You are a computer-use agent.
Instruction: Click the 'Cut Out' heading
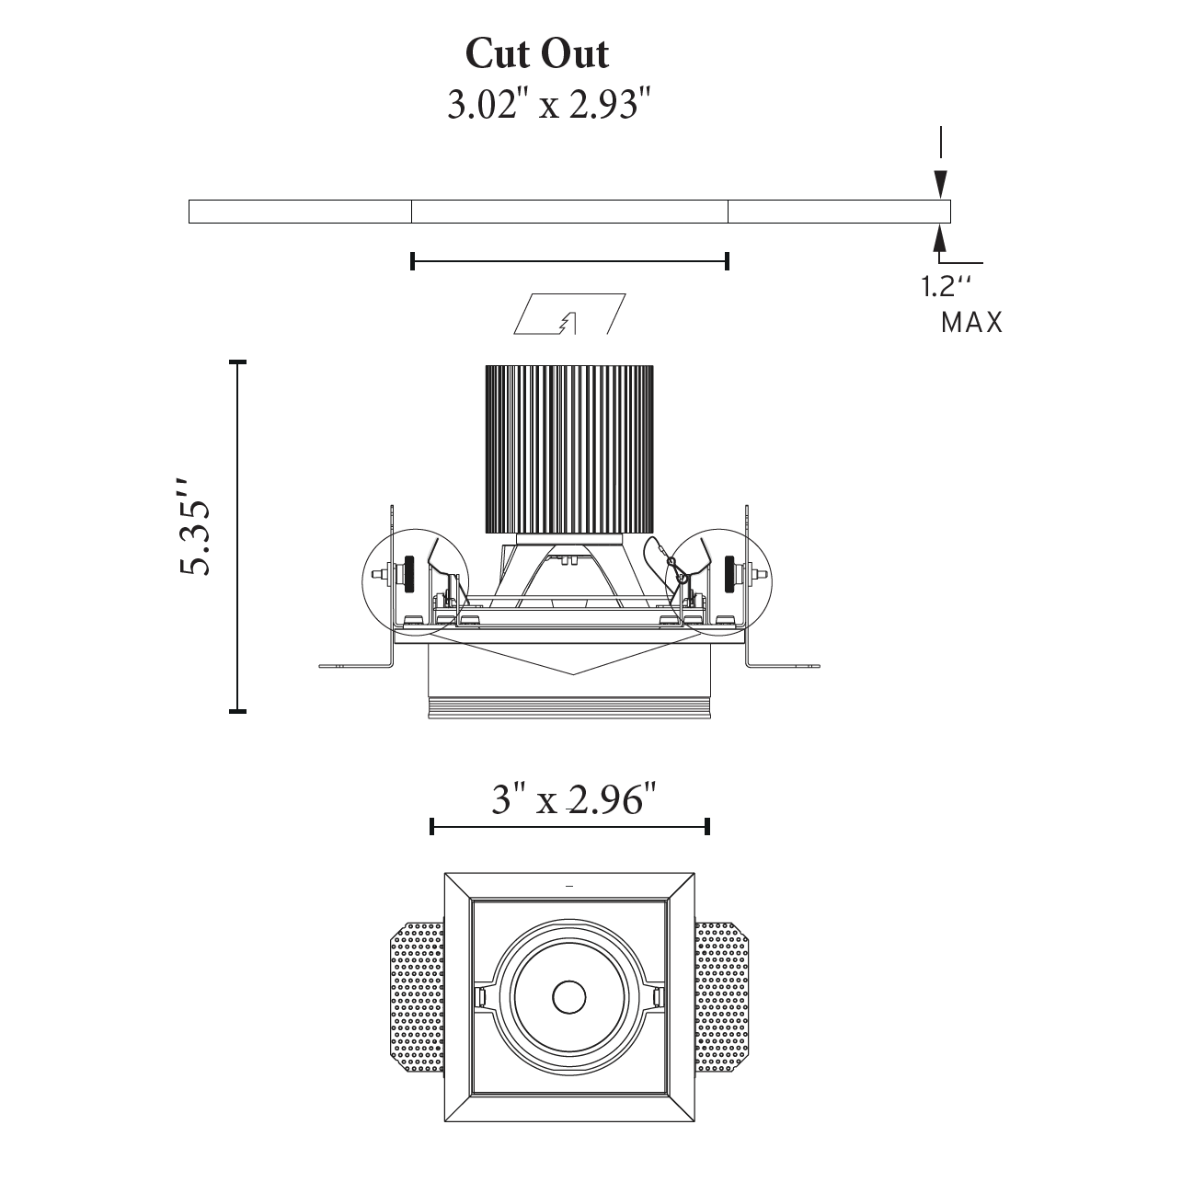click(x=537, y=54)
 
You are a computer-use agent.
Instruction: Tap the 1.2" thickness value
click(x=947, y=287)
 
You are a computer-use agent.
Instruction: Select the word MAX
click(x=971, y=323)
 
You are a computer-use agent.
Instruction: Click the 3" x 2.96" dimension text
click(x=575, y=799)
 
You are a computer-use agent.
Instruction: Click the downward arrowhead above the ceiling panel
click(x=940, y=182)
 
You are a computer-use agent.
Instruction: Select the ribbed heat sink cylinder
click(x=569, y=449)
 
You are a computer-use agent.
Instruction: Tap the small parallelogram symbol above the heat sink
click(x=569, y=315)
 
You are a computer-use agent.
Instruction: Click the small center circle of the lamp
click(x=569, y=997)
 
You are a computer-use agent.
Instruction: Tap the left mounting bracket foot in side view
click(x=355, y=665)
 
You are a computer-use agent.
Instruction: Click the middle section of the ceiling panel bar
click(x=569, y=212)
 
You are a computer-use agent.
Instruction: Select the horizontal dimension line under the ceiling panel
click(x=569, y=261)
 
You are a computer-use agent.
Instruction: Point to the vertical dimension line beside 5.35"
click(x=238, y=536)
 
